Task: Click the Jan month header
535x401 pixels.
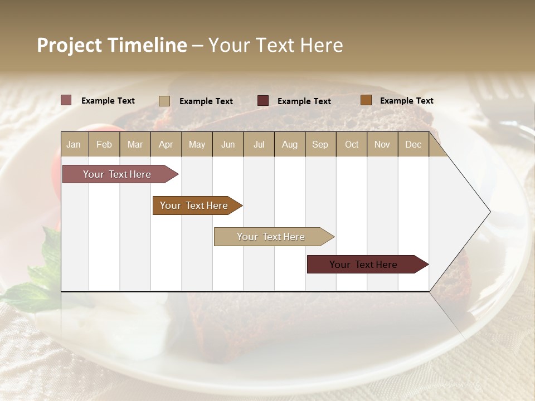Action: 74,144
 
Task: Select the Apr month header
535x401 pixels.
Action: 166,144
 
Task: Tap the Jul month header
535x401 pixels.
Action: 259,144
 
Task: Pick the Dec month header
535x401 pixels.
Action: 413,144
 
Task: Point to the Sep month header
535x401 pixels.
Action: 320,144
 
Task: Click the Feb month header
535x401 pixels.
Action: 104,144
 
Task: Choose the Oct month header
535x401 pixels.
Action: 352,144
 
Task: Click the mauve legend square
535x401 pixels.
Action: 66,100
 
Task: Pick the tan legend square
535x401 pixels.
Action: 164,101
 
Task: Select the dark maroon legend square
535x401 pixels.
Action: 263,101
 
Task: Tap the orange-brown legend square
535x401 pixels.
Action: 366,100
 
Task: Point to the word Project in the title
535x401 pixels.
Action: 69,45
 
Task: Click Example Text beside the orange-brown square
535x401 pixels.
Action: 406,101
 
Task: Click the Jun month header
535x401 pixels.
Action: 228,144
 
